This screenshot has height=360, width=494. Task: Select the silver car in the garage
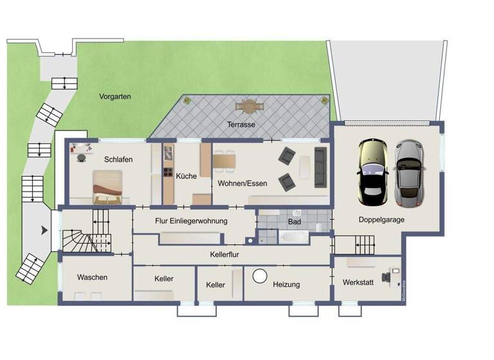tap(410, 174)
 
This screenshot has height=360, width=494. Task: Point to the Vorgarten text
tap(115, 96)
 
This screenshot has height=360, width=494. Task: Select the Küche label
tap(186, 175)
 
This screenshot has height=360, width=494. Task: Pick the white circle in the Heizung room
tap(261, 276)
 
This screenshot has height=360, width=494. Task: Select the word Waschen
tap(92, 278)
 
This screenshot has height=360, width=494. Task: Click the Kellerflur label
tap(228, 255)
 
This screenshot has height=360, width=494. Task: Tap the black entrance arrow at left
tap(44, 230)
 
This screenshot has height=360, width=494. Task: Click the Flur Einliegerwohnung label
tap(192, 221)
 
